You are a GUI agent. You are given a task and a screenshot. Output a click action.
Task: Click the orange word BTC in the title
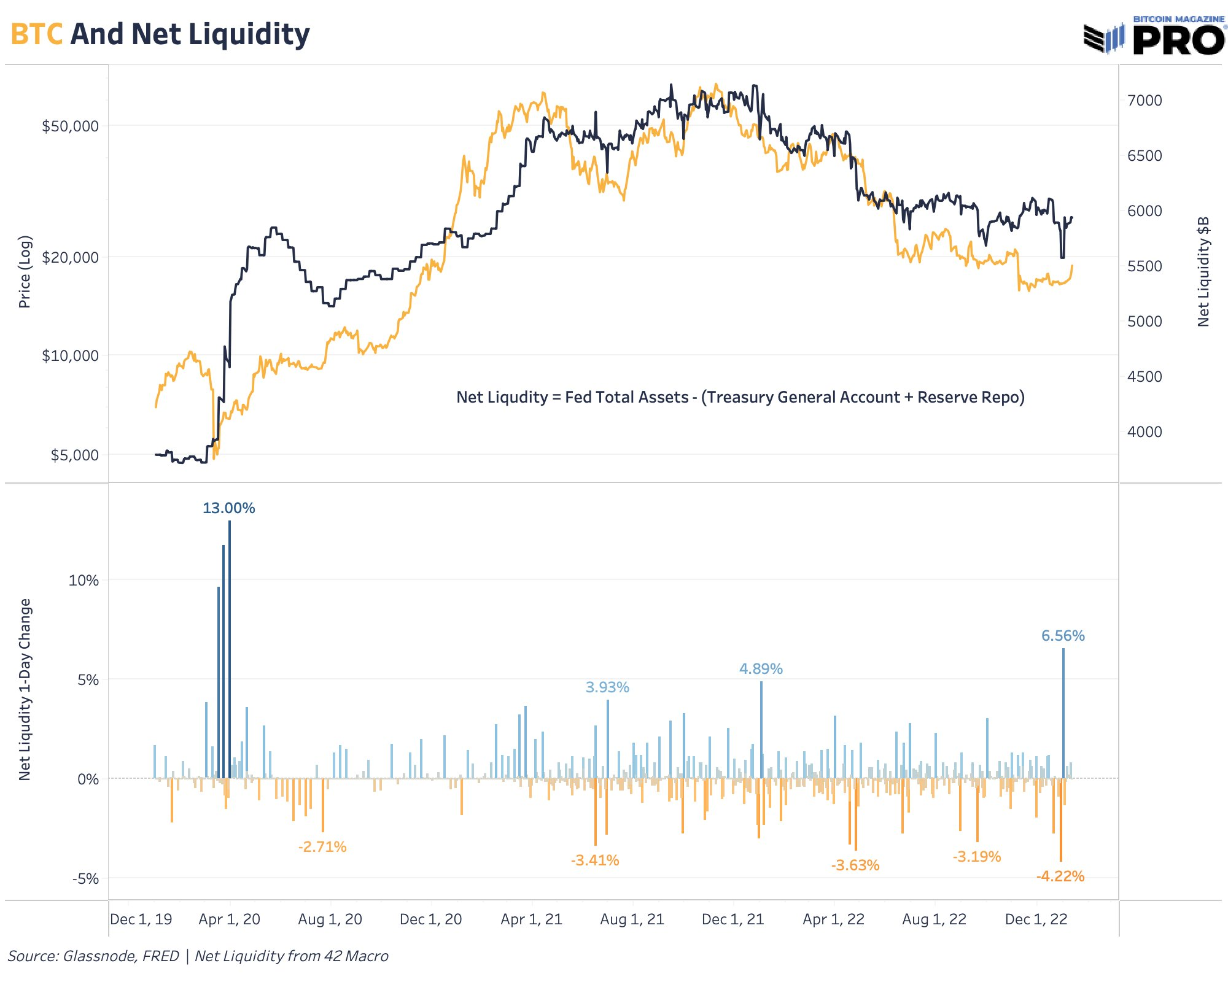(x=37, y=34)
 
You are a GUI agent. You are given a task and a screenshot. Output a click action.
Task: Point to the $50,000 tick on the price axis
(x=70, y=126)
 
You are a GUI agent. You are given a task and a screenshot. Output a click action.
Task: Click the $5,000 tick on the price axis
(x=74, y=455)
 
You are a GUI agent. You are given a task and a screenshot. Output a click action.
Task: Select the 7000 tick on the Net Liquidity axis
(x=1144, y=101)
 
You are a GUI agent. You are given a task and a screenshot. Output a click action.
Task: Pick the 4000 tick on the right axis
(x=1144, y=432)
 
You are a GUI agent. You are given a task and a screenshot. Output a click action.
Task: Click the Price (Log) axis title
(x=25, y=272)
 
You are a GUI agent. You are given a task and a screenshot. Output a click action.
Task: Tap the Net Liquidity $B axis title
(x=1203, y=271)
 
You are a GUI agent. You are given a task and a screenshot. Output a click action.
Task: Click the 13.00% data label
(x=228, y=508)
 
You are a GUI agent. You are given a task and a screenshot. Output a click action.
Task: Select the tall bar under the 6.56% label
(x=1063, y=712)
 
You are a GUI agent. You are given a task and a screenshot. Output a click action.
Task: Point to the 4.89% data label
(x=761, y=669)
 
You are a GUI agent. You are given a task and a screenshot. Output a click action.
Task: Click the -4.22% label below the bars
(x=1060, y=876)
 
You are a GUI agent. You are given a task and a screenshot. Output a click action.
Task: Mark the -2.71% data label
(x=322, y=847)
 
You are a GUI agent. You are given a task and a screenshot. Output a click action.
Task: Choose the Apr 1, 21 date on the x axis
(x=531, y=919)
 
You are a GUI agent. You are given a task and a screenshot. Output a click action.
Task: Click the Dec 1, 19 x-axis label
(x=141, y=919)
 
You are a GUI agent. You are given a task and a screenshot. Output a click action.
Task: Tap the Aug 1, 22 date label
(x=934, y=919)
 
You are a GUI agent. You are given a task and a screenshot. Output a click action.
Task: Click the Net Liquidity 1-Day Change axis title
(x=25, y=690)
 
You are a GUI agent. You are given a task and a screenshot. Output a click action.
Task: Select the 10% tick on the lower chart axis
(x=84, y=581)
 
